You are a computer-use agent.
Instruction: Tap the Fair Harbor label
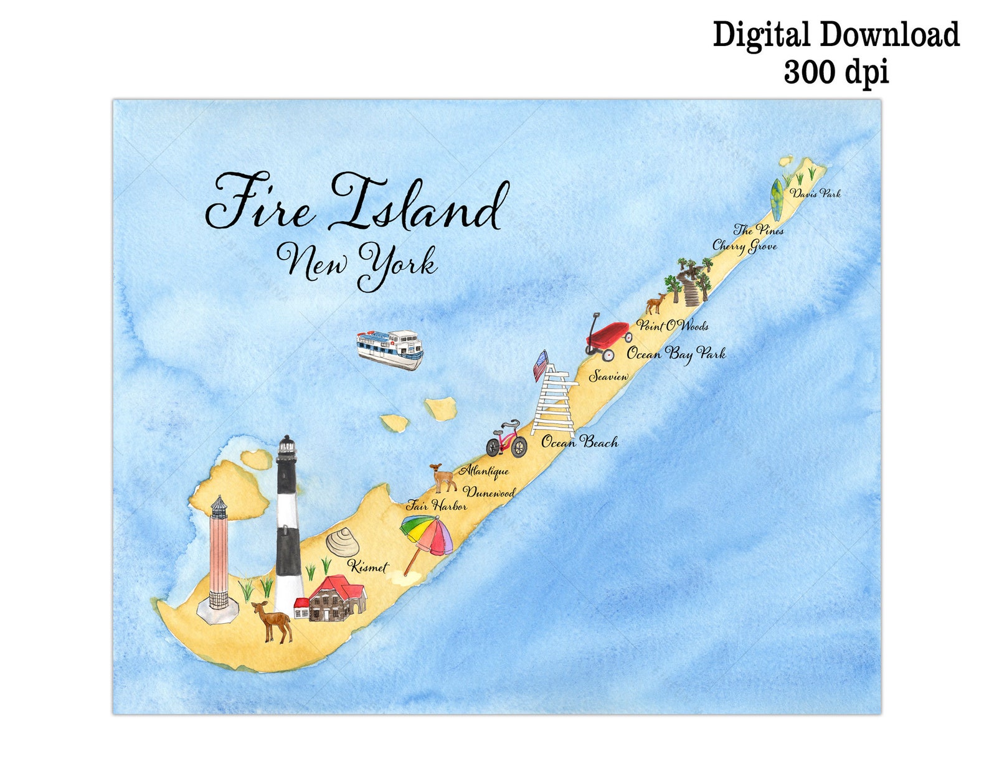tap(436, 506)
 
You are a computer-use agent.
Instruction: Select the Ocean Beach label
tap(579, 442)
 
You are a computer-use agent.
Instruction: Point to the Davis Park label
tap(815, 194)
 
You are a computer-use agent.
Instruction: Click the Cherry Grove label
tap(744, 246)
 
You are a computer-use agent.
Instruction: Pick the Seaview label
tap(608, 376)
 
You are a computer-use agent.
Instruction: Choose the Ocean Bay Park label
tap(676, 354)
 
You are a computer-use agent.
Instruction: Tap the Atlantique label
tap(484, 471)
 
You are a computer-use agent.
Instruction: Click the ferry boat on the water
tap(390, 349)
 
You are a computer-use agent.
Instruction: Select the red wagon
tap(607, 337)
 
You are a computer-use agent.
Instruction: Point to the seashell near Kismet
tap(343, 543)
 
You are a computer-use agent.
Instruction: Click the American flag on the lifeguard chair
tap(541, 367)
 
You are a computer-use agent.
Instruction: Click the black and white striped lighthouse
tap(288, 526)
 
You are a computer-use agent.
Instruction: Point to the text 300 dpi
tap(835, 72)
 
